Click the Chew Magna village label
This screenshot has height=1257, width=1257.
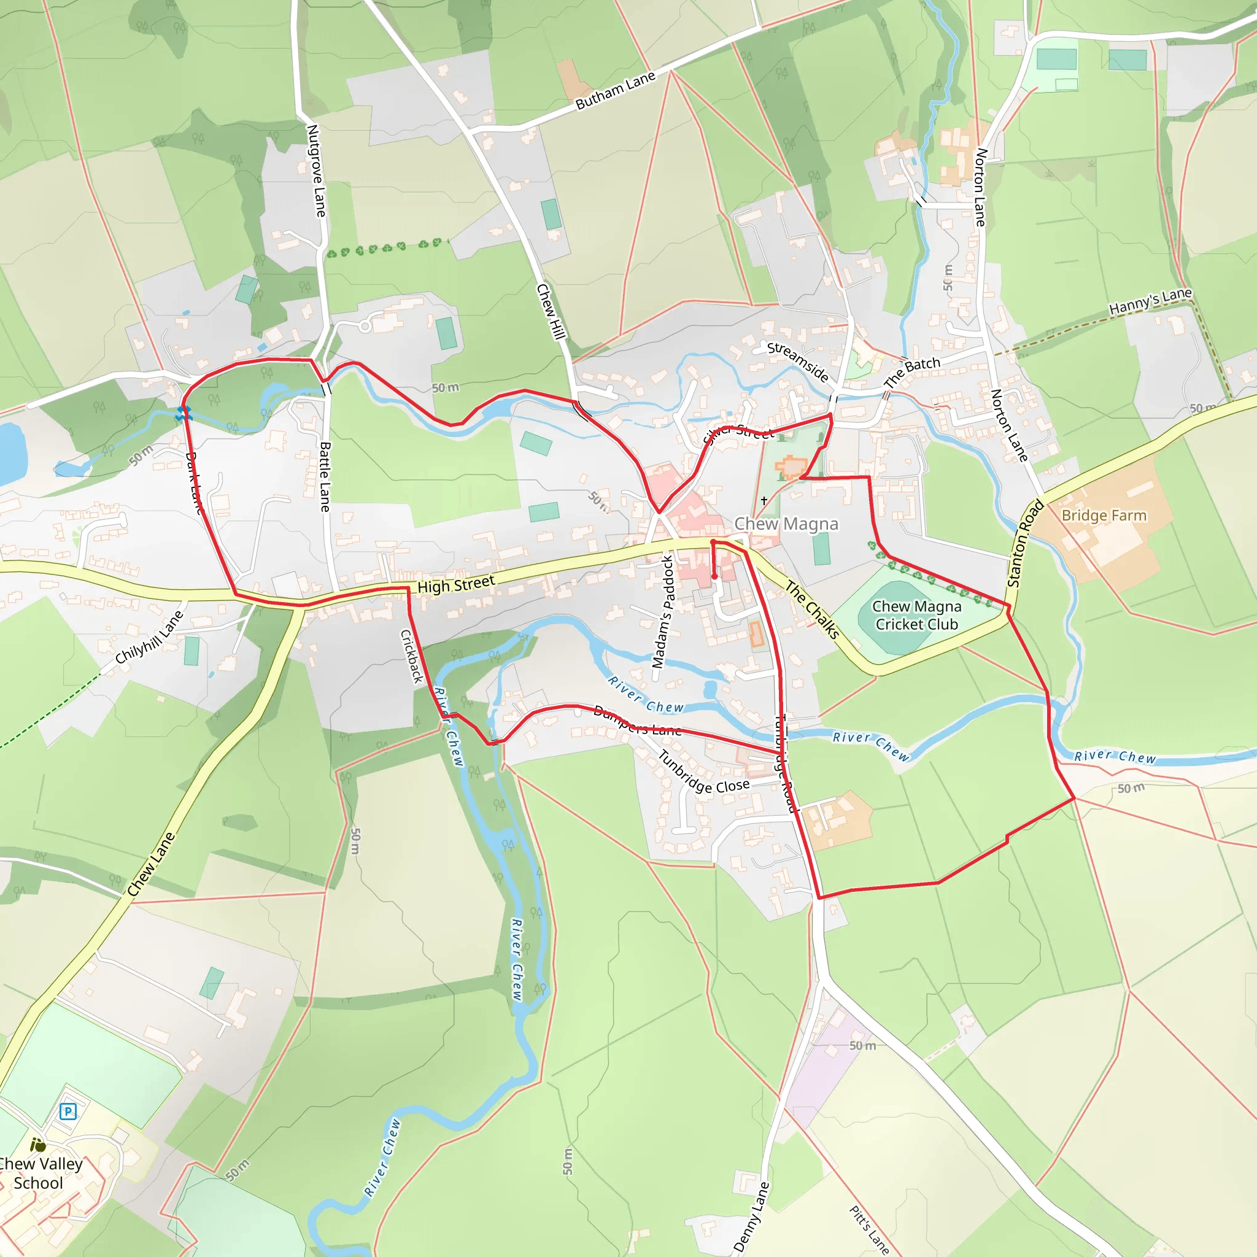pos(786,524)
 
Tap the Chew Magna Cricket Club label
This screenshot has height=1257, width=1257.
pos(916,616)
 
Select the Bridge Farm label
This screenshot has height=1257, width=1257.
pos(1104,516)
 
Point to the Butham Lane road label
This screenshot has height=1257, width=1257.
pos(615,90)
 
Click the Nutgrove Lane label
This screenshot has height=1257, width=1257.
pos(316,171)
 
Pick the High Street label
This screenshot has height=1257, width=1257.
pos(455,584)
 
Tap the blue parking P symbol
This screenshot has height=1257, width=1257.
pos(68,1112)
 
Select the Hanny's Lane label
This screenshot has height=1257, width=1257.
pos(1150,302)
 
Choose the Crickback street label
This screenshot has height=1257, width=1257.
pos(411,656)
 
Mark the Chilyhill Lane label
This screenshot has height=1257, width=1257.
pos(149,638)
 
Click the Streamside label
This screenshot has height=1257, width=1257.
pos(798,362)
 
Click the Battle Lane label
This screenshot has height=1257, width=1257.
pos(325,476)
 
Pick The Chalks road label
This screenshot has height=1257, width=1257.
pos(812,609)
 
